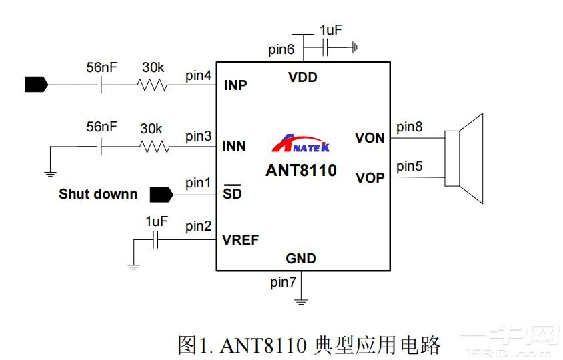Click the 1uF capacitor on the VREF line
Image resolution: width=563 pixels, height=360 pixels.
click(155, 240)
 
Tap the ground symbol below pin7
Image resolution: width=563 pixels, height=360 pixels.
click(302, 301)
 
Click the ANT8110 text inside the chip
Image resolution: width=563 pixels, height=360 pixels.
click(301, 170)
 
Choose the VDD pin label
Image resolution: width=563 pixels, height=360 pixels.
click(303, 77)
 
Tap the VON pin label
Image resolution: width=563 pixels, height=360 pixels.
click(370, 138)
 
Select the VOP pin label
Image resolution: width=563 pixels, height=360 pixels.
click(370, 178)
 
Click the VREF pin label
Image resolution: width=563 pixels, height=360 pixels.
click(241, 240)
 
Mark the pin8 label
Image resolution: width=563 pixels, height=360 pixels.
click(409, 127)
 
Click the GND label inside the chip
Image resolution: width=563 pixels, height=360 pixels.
click(301, 258)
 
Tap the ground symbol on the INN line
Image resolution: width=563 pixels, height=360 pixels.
click(49, 173)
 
